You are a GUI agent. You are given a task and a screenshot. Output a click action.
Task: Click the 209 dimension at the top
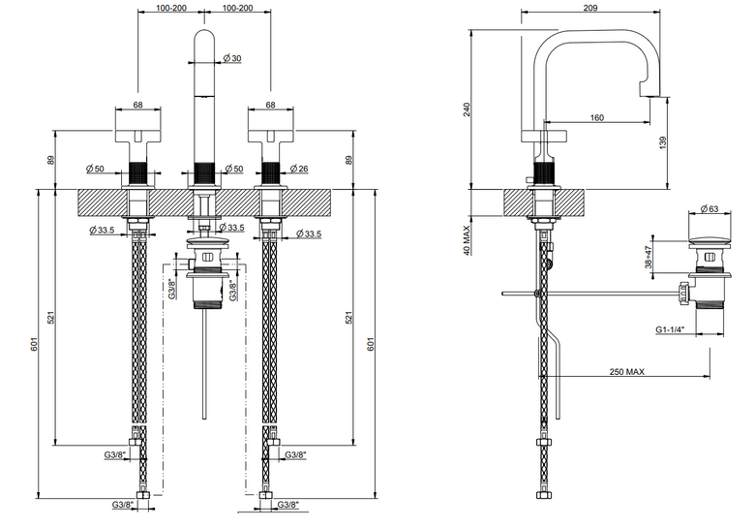589,7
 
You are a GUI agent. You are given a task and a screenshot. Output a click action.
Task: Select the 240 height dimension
467,109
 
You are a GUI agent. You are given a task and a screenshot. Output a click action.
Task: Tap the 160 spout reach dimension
596,117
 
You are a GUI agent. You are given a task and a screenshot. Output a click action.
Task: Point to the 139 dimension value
662,142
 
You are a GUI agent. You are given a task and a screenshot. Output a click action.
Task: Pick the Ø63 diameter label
710,208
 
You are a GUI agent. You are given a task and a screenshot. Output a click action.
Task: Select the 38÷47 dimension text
649,258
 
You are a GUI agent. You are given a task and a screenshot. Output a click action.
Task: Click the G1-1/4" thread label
670,329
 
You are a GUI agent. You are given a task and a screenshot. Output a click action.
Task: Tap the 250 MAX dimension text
626,371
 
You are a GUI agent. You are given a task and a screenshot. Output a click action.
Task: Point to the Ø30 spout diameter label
232,58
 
